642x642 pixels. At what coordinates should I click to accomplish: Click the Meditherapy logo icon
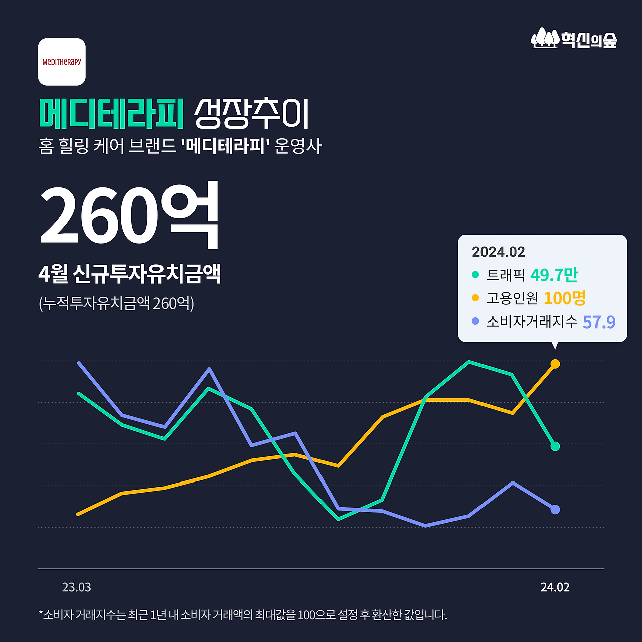(62, 62)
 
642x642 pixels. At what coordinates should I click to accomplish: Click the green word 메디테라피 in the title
(111, 114)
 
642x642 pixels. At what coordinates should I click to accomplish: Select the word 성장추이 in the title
(251, 114)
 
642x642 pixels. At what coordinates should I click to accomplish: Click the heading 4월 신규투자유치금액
(129, 274)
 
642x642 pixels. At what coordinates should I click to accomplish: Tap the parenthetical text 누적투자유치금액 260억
(116, 303)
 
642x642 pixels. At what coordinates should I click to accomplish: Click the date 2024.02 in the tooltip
(498, 252)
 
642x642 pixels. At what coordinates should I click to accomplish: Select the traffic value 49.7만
(554, 275)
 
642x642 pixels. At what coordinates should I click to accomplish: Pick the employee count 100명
(565, 298)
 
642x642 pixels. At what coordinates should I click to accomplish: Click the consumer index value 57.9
(599, 322)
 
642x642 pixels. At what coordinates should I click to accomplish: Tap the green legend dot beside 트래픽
(475, 275)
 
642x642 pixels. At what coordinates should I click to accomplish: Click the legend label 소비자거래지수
(532, 322)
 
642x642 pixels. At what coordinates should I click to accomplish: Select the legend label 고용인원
(512, 298)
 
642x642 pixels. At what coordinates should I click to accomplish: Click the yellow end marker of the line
(555, 364)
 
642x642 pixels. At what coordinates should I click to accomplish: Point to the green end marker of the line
(555, 446)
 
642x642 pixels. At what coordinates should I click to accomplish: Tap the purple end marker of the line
(555, 509)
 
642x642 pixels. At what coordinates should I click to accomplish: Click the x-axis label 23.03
(77, 587)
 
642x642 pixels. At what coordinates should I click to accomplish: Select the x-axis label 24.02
(555, 587)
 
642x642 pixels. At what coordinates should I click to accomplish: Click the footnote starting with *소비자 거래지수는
(243, 615)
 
